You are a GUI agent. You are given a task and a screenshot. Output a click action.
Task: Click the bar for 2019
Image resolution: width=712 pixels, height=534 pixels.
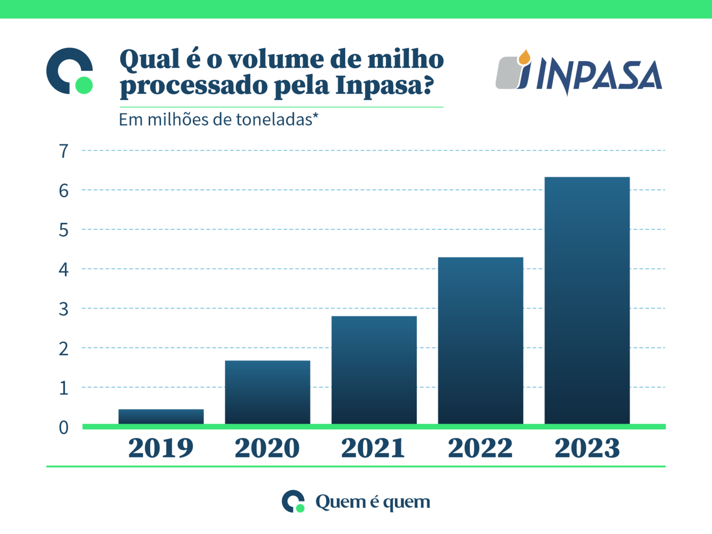pos(161,416)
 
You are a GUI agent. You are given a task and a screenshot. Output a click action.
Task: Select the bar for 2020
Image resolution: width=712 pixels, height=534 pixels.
pos(267,392)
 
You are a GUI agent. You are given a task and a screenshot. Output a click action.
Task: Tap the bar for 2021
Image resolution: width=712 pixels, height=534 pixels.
pos(374,369)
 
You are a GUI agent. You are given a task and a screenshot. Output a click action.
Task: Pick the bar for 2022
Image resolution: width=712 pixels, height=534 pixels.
pos(480,340)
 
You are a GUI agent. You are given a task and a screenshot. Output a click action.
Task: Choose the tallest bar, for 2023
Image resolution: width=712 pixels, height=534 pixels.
pos(587,300)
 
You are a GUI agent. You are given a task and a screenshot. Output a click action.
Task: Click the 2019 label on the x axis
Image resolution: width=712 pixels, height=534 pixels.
pos(161,448)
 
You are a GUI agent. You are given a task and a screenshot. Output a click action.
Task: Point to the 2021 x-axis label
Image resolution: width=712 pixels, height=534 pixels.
pos(373,448)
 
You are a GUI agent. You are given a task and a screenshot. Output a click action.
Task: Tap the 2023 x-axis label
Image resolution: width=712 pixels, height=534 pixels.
pos(587,448)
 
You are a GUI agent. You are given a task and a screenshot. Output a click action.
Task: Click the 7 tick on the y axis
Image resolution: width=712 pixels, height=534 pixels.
pos(64,151)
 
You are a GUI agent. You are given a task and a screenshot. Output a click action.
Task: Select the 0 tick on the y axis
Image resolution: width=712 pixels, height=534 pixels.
pos(64,427)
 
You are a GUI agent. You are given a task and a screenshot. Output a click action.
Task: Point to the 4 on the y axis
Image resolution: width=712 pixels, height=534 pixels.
pos(64,269)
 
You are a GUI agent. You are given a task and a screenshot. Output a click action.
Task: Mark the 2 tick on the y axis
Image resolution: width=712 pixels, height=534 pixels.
pos(64,349)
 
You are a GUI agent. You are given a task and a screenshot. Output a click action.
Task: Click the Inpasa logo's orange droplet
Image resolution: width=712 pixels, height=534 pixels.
pos(524,57)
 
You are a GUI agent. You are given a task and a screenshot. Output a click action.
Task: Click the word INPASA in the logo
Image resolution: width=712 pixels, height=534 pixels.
pos(599,76)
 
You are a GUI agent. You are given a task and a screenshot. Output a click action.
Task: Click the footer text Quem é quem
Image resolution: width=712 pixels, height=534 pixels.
pos(373,502)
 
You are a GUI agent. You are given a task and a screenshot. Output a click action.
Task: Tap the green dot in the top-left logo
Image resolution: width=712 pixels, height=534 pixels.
pos(84,85)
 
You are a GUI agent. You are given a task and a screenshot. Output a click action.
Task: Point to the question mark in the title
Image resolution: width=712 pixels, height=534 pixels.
pos(428,85)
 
